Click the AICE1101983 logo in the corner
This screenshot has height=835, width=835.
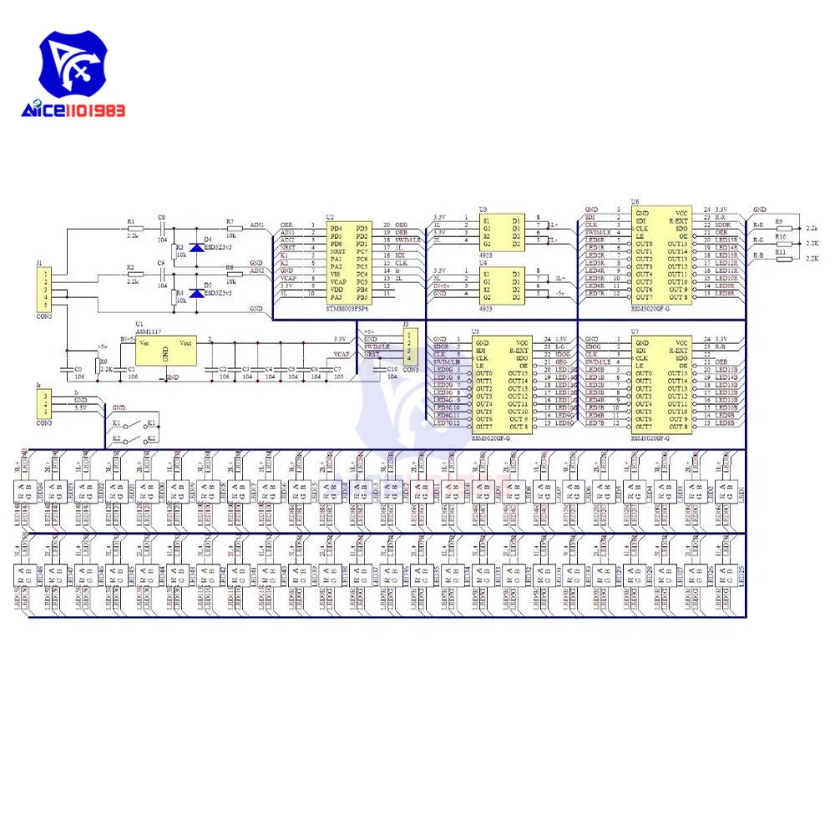click(73, 80)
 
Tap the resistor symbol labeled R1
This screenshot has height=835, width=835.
click(132, 228)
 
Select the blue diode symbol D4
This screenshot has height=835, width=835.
click(196, 248)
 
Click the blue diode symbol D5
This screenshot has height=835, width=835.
click(196, 293)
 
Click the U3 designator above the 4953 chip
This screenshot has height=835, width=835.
click(483, 210)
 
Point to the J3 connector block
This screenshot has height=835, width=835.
click(408, 347)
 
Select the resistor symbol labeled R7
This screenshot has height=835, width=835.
click(232, 228)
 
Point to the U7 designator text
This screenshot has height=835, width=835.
click(635, 331)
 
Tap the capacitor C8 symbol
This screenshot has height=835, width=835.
click(161, 228)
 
